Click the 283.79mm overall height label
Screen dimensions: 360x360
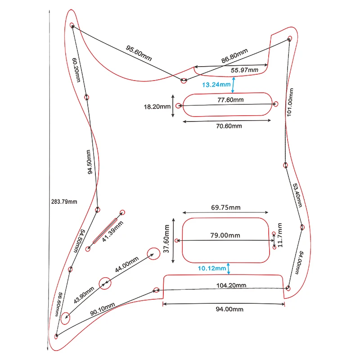[64, 201]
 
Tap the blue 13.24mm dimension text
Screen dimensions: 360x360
[216, 84]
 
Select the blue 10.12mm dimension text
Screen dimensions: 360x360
[212, 269]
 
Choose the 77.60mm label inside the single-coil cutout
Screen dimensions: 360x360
[230, 100]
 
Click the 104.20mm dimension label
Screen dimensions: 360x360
[231, 285]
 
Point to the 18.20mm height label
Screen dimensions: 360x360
[157, 107]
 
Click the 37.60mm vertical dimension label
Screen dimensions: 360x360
[166, 237]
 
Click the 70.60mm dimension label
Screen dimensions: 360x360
[229, 126]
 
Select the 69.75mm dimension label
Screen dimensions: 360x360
[225, 207]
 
